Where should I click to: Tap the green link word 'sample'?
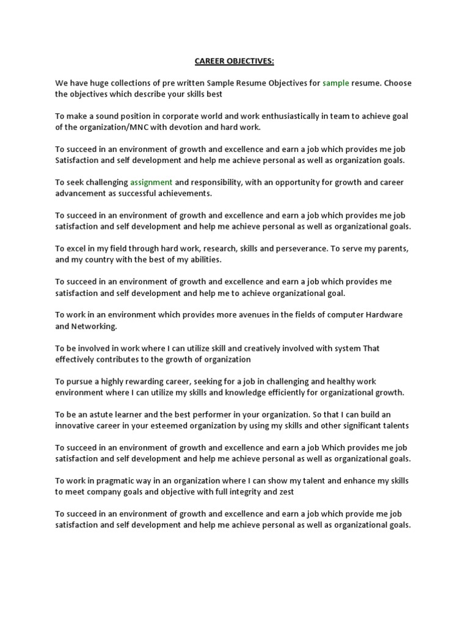point(335,83)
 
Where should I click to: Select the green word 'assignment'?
point(151,182)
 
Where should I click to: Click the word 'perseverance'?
point(306,248)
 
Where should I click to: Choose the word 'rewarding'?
point(153,381)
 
